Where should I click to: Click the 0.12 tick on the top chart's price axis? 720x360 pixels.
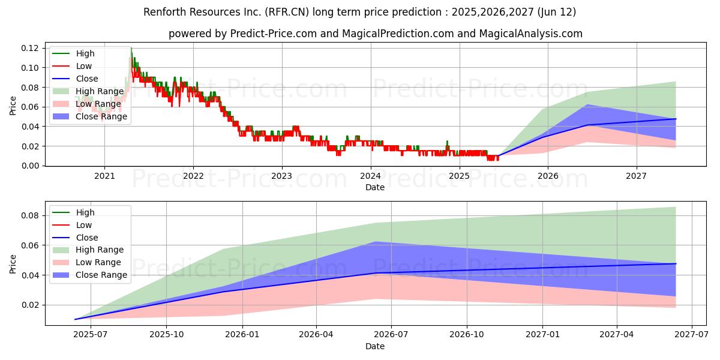pos(29,48)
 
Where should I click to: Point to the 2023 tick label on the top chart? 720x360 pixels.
pos(282,176)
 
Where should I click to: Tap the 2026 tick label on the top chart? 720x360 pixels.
pos(548,176)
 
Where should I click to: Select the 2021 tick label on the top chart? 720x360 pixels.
pos(104,176)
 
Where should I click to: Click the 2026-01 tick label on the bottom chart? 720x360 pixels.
pos(242,335)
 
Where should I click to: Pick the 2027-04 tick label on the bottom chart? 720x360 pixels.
pos(617,335)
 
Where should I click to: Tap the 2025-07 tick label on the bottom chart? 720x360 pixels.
pos(91,335)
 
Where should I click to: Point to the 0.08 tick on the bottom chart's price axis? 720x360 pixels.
pos(29,215)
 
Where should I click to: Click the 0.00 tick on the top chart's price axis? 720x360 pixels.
pos(29,166)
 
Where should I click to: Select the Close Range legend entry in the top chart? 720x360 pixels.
pos(89,116)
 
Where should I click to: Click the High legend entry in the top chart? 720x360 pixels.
pos(73,53)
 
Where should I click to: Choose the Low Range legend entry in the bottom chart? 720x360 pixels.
pos(87,262)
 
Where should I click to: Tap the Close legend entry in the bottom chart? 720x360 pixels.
pos(75,238)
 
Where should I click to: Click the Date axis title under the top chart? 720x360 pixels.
pos(375,187)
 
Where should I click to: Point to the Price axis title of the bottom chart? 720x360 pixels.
pos(13,264)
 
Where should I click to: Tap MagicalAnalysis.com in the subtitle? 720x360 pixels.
pos(530,34)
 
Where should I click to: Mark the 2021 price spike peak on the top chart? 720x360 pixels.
pos(131,48)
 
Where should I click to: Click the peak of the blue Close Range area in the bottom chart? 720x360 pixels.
pos(374,242)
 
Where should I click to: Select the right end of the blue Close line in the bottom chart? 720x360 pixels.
pos(676,263)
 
